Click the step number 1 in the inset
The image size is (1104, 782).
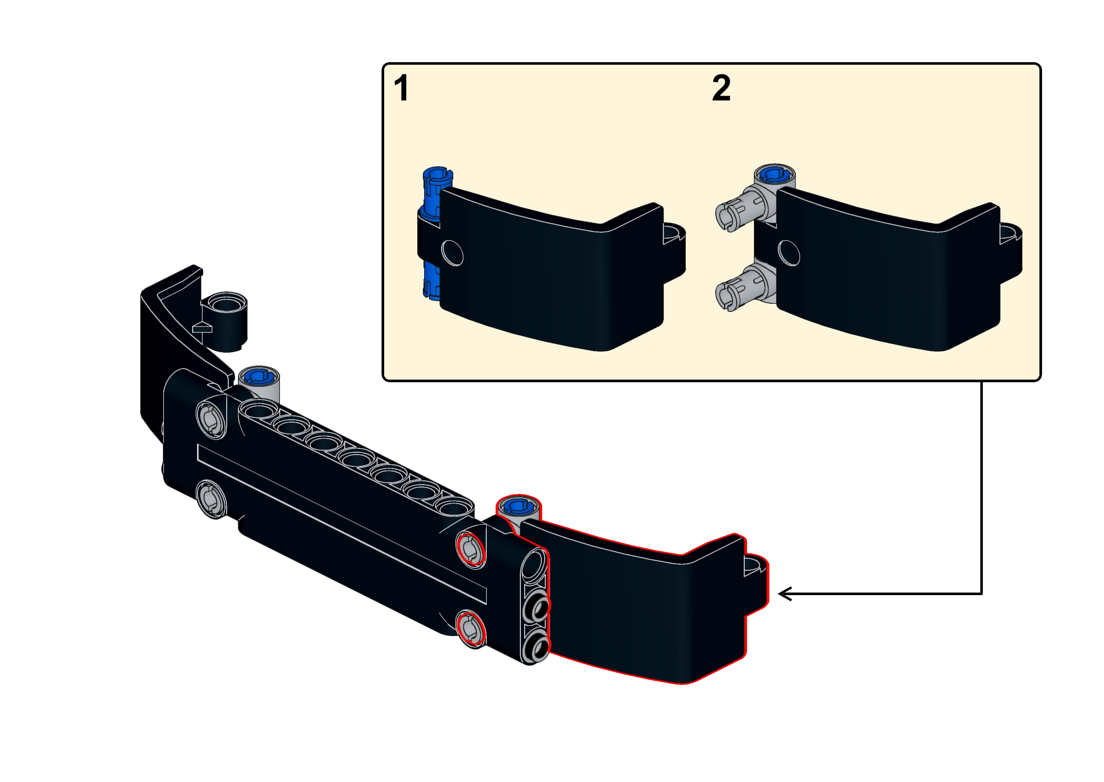click(402, 88)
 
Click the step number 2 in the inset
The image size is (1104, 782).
click(721, 88)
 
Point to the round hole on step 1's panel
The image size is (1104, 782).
click(452, 253)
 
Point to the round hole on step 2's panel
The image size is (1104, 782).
click(789, 253)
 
